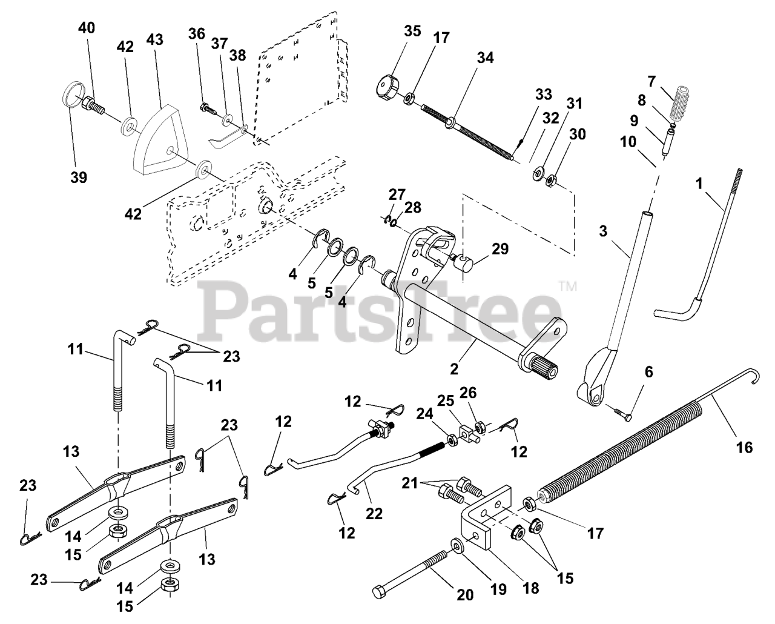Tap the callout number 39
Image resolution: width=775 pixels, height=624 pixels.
point(77,177)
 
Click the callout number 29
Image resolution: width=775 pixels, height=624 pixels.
point(500,249)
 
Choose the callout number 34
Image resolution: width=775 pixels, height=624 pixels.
point(485,58)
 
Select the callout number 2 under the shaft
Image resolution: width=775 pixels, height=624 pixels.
point(455,367)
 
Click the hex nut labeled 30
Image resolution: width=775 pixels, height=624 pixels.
point(551,180)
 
